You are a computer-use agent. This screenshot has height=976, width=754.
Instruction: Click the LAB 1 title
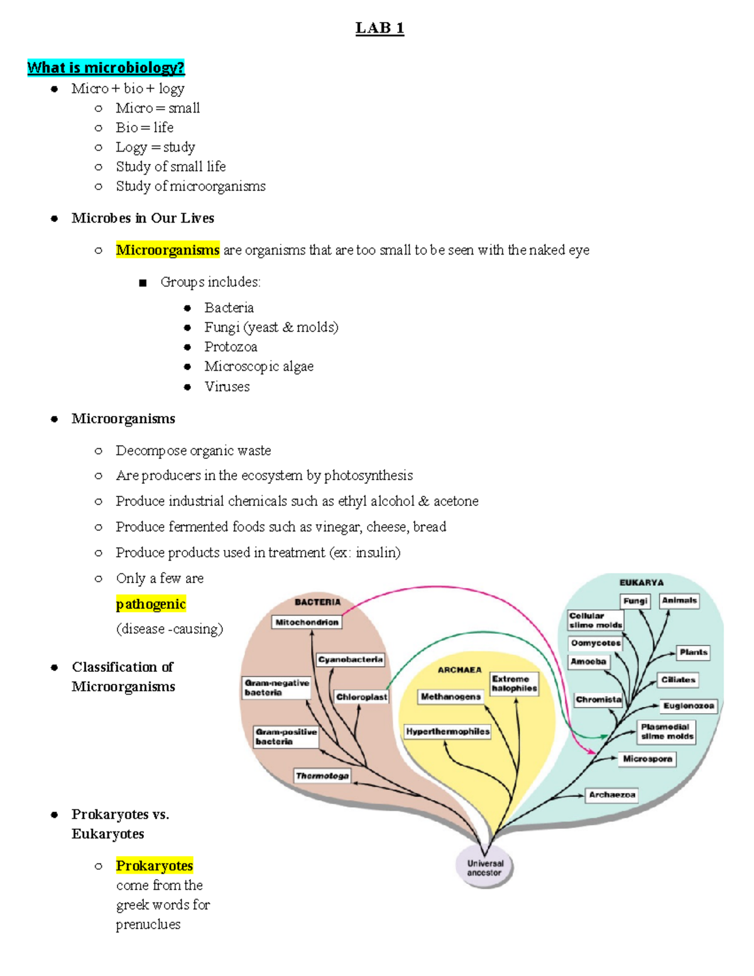[380, 28]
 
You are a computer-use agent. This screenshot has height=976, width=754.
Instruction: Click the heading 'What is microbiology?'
[106, 68]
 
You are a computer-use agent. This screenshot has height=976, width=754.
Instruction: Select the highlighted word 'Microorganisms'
[168, 250]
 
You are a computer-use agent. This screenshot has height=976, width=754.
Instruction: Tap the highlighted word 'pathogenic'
[151, 604]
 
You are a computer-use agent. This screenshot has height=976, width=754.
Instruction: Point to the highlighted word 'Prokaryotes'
[155, 865]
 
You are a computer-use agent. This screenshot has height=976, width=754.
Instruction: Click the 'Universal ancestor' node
[484, 868]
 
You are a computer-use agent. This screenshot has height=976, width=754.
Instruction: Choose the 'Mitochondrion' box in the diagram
[307, 622]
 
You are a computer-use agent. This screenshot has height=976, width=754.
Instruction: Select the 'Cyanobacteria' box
[351, 659]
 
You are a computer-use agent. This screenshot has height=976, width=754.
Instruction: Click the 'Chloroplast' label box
[361, 697]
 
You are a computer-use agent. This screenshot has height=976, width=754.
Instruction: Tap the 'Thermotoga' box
[322, 776]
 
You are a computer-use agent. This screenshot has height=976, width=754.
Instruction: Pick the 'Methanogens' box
[451, 696]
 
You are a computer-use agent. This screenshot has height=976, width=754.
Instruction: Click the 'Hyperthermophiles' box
[447, 732]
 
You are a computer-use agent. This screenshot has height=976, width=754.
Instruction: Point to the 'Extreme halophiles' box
[514, 684]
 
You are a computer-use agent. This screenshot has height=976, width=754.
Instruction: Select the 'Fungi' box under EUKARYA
[635, 601]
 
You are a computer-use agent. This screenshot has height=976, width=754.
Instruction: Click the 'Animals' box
[679, 600]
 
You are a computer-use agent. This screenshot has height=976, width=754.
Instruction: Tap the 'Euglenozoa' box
[689, 706]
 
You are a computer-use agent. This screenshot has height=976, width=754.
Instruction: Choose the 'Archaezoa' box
[612, 795]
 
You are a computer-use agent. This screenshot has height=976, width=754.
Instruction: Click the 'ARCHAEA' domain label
[459, 670]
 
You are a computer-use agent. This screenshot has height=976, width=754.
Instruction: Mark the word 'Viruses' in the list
[227, 387]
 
